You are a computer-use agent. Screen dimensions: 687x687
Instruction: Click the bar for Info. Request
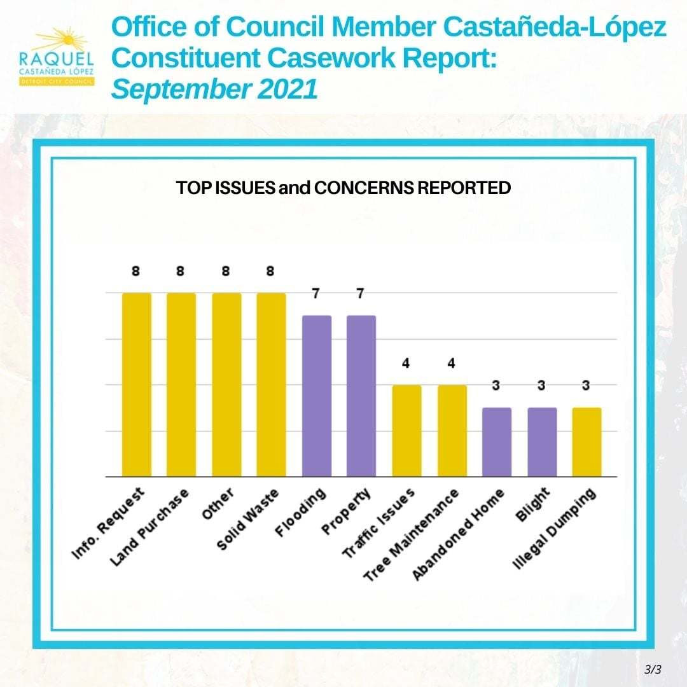pos(137,384)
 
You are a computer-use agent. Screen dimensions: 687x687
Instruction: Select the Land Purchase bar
pos(181,384)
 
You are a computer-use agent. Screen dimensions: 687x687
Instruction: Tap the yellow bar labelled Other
pos(226,384)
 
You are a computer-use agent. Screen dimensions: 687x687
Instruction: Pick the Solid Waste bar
pos(271,384)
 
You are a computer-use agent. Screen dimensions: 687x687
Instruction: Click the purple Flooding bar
pos(316,396)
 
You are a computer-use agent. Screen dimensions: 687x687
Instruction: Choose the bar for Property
pos(361,396)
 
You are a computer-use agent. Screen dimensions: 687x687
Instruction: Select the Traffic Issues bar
pos(406,431)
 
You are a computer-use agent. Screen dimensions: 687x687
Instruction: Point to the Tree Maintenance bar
pos(452,431)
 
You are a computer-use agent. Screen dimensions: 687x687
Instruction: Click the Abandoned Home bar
pos(497,442)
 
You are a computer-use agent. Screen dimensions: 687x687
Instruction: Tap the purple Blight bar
pos(542,442)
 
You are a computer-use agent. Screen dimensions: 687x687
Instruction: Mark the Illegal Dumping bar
pos(586,442)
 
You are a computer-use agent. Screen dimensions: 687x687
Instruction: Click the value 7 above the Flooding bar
pos(316,294)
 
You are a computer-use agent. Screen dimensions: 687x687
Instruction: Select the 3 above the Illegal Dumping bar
pos(586,386)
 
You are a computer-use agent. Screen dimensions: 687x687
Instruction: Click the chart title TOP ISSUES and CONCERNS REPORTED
pos(343,188)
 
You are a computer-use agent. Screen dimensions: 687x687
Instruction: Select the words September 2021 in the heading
pos(214,90)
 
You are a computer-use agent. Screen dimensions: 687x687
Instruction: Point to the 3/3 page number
pos(653,669)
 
